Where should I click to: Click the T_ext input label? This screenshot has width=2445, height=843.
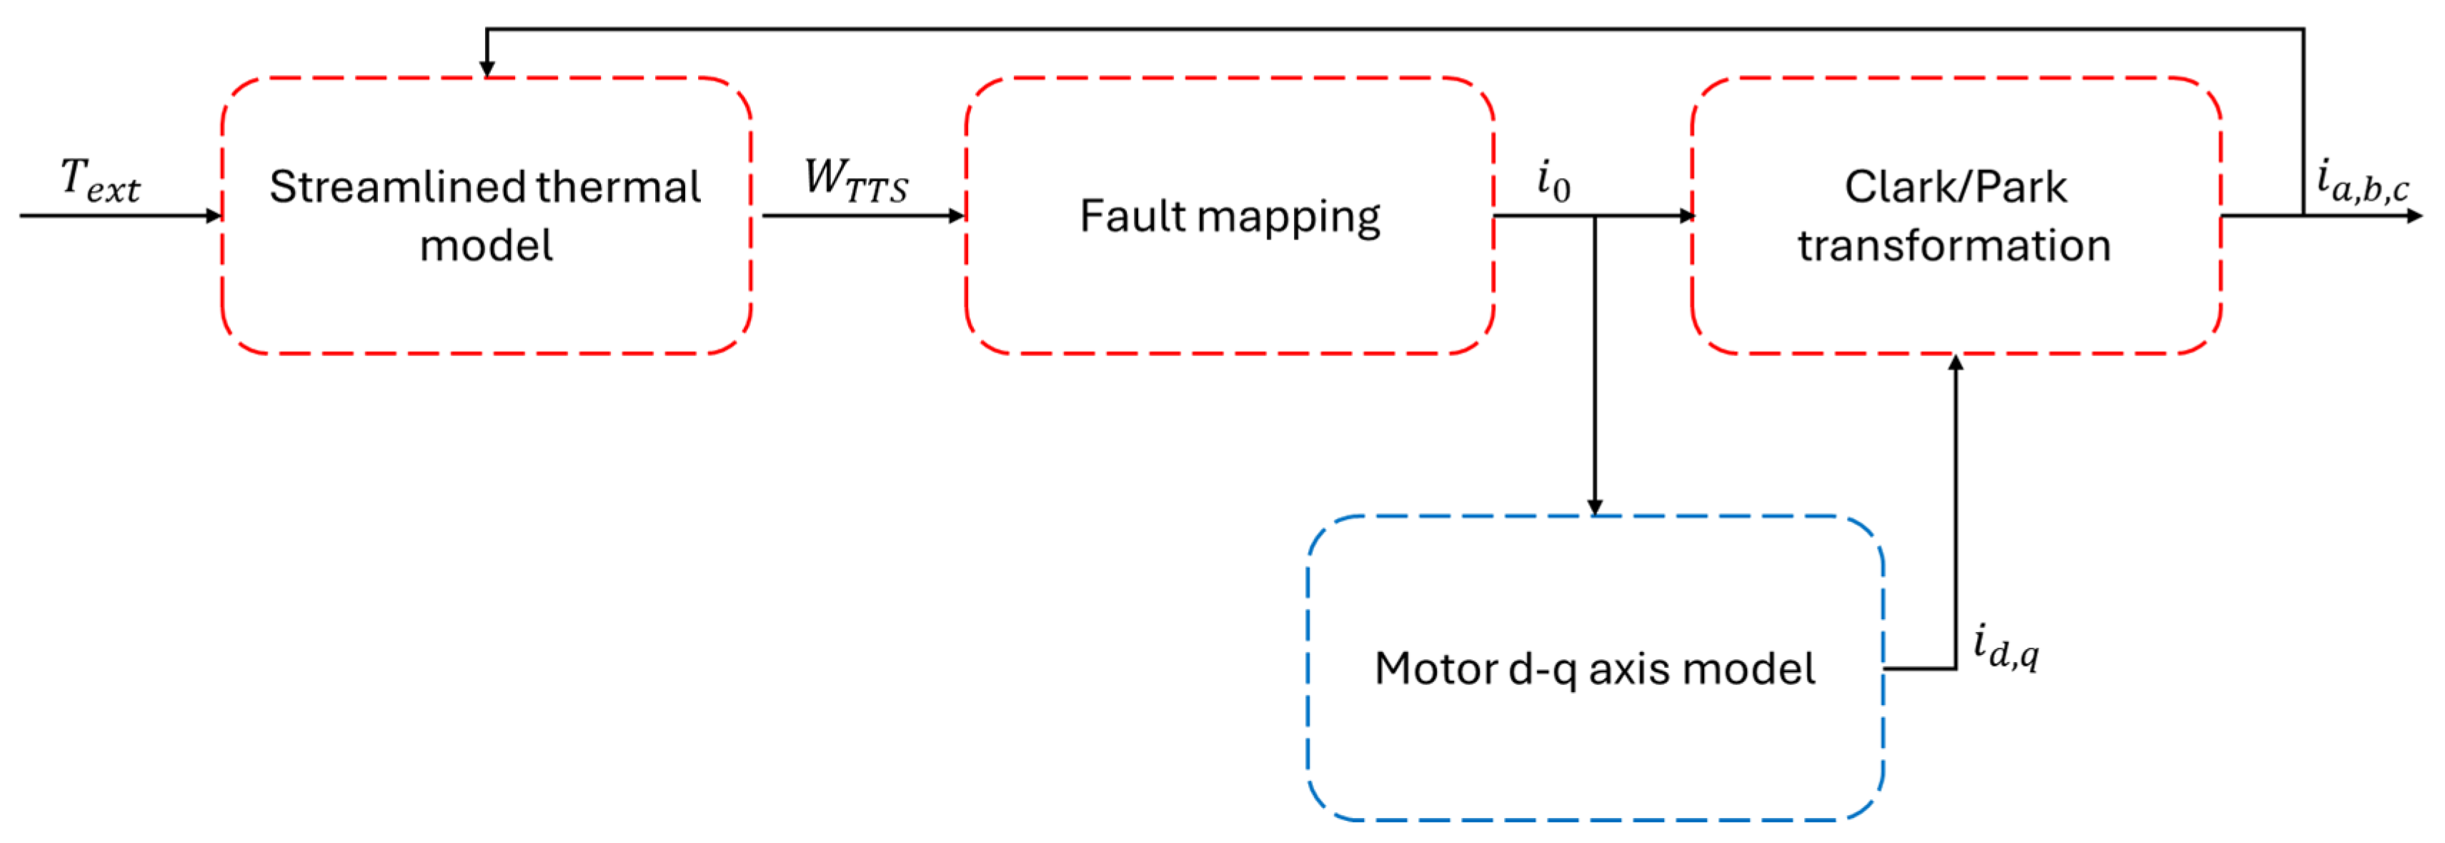pos(99,180)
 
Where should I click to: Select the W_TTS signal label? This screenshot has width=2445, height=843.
pos(855,180)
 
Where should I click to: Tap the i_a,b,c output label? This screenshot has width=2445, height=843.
pos(2361,180)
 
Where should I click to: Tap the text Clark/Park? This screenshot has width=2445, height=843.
pos(1956,187)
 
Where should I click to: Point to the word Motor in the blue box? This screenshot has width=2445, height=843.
pos(1434,669)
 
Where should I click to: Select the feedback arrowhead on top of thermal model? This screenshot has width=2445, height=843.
pos(487,69)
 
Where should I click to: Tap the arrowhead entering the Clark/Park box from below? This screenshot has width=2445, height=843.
pos(1956,363)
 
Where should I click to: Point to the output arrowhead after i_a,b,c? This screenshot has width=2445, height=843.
pos(2416,215)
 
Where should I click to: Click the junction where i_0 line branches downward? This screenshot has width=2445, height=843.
pos(1595,215)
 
